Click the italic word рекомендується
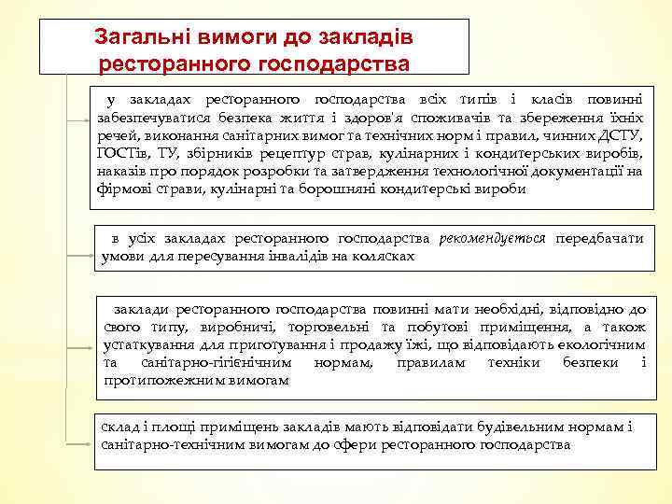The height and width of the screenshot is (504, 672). tap(494, 240)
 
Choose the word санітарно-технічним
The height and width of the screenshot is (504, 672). tap(164, 446)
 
